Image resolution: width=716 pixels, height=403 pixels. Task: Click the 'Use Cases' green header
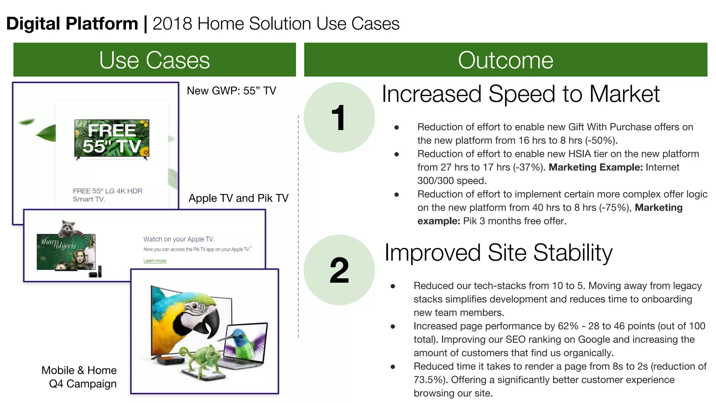154,60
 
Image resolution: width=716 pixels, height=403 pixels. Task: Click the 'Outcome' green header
505,60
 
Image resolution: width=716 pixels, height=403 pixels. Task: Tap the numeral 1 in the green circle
338,118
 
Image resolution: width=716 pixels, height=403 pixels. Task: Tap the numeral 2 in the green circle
339,270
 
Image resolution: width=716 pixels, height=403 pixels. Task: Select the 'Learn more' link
155,261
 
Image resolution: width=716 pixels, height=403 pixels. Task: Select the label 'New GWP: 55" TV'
231,91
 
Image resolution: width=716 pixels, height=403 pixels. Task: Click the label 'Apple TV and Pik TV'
238,198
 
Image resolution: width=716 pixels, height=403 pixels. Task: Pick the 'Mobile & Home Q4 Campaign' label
80,377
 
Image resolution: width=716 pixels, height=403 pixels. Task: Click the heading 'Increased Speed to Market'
520,94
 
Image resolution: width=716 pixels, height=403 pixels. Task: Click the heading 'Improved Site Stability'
498,253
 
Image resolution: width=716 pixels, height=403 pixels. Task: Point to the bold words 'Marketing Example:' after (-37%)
595,167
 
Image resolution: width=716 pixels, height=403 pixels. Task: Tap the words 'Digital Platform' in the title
72,24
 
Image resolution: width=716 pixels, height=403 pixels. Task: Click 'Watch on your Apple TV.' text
179,239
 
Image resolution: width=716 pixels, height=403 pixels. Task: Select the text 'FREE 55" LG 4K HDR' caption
108,191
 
